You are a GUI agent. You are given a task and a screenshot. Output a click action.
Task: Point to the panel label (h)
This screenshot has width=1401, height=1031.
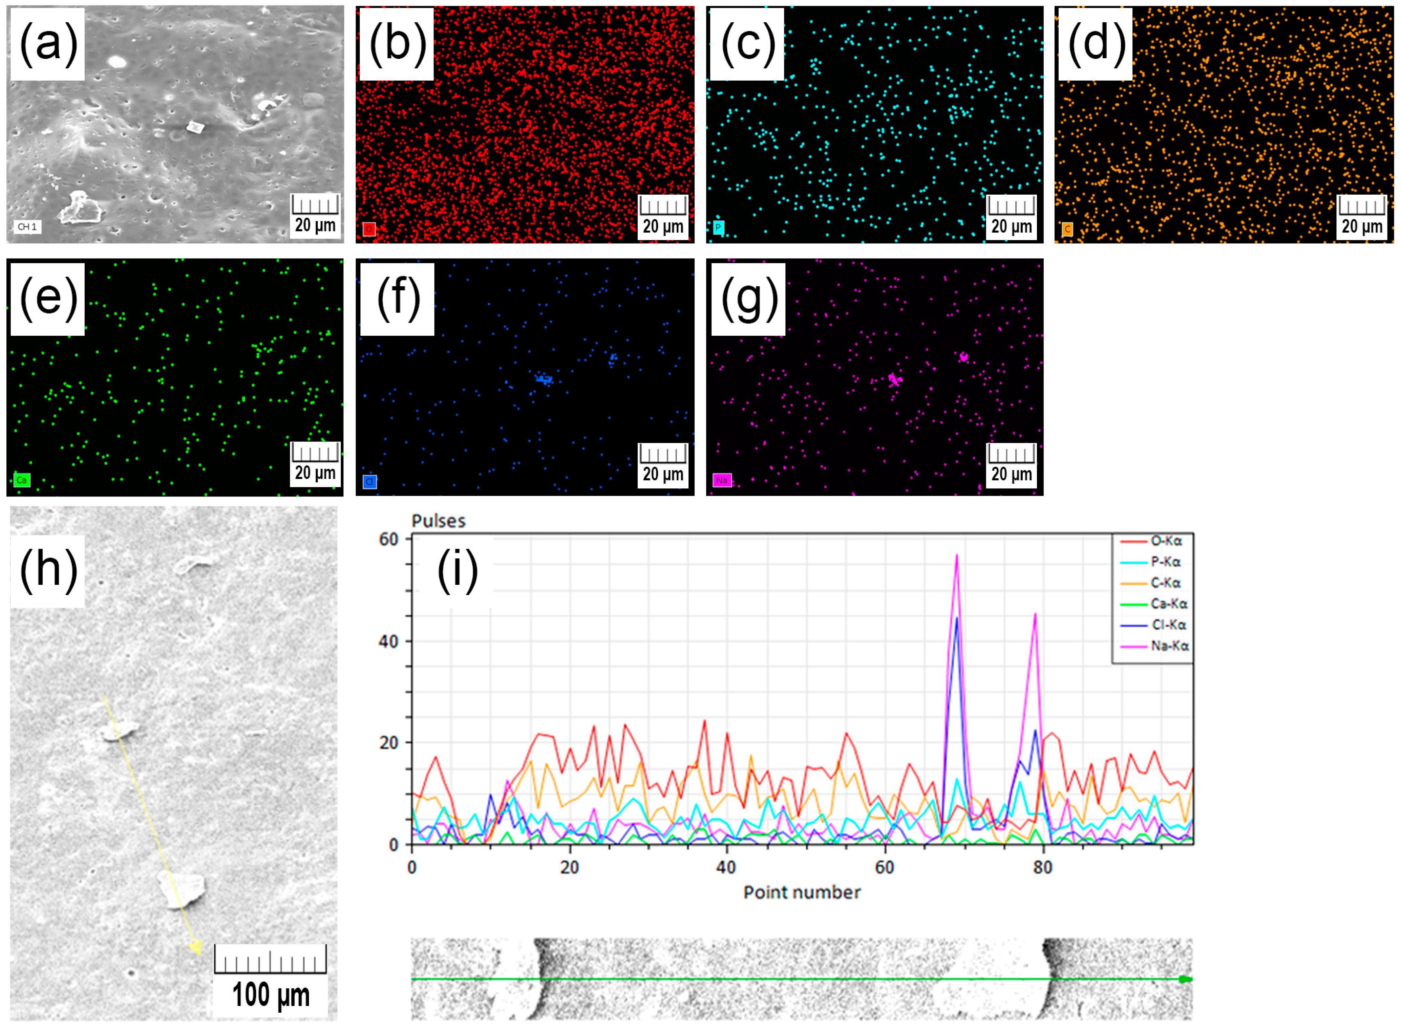48,570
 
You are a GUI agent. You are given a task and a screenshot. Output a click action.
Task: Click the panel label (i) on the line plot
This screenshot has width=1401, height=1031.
458,570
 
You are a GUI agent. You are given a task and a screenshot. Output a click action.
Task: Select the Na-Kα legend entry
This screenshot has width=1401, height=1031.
1169,646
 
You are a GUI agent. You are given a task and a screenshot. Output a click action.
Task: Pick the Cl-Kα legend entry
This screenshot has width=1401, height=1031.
1168,625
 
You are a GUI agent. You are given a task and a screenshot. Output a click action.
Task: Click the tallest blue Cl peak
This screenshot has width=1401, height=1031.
956,618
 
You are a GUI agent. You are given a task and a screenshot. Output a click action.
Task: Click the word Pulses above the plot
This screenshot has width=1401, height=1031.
438,521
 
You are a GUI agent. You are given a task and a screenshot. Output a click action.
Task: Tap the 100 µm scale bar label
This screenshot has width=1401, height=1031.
270,995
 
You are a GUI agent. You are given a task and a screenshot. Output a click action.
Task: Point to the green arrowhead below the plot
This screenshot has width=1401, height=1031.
1184,979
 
